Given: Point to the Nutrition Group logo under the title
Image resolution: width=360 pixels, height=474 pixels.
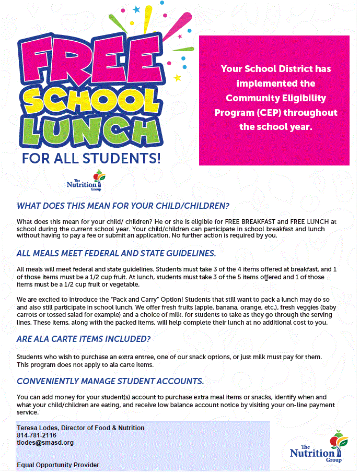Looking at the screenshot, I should (86, 180).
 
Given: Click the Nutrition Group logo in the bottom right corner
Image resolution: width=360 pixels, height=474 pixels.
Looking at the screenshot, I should (319, 449).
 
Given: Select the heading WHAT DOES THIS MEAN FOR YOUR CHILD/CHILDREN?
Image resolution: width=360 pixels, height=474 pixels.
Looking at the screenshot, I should (123, 206).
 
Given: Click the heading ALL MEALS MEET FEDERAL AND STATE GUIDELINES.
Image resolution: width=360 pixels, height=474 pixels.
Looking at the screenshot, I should (116, 254).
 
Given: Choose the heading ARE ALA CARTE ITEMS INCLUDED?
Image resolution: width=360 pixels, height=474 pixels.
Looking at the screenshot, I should (84, 339).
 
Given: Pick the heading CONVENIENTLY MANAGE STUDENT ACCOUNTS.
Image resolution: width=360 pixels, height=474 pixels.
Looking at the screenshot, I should (110, 381).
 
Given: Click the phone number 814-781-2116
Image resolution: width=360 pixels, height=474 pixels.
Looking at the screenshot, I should (36, 435).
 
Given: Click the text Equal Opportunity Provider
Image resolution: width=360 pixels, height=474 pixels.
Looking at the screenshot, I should (57, 465).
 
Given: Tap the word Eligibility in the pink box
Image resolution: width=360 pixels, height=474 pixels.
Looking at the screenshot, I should (304, 98).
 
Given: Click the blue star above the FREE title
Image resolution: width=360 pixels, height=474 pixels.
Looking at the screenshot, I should (137, 9).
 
